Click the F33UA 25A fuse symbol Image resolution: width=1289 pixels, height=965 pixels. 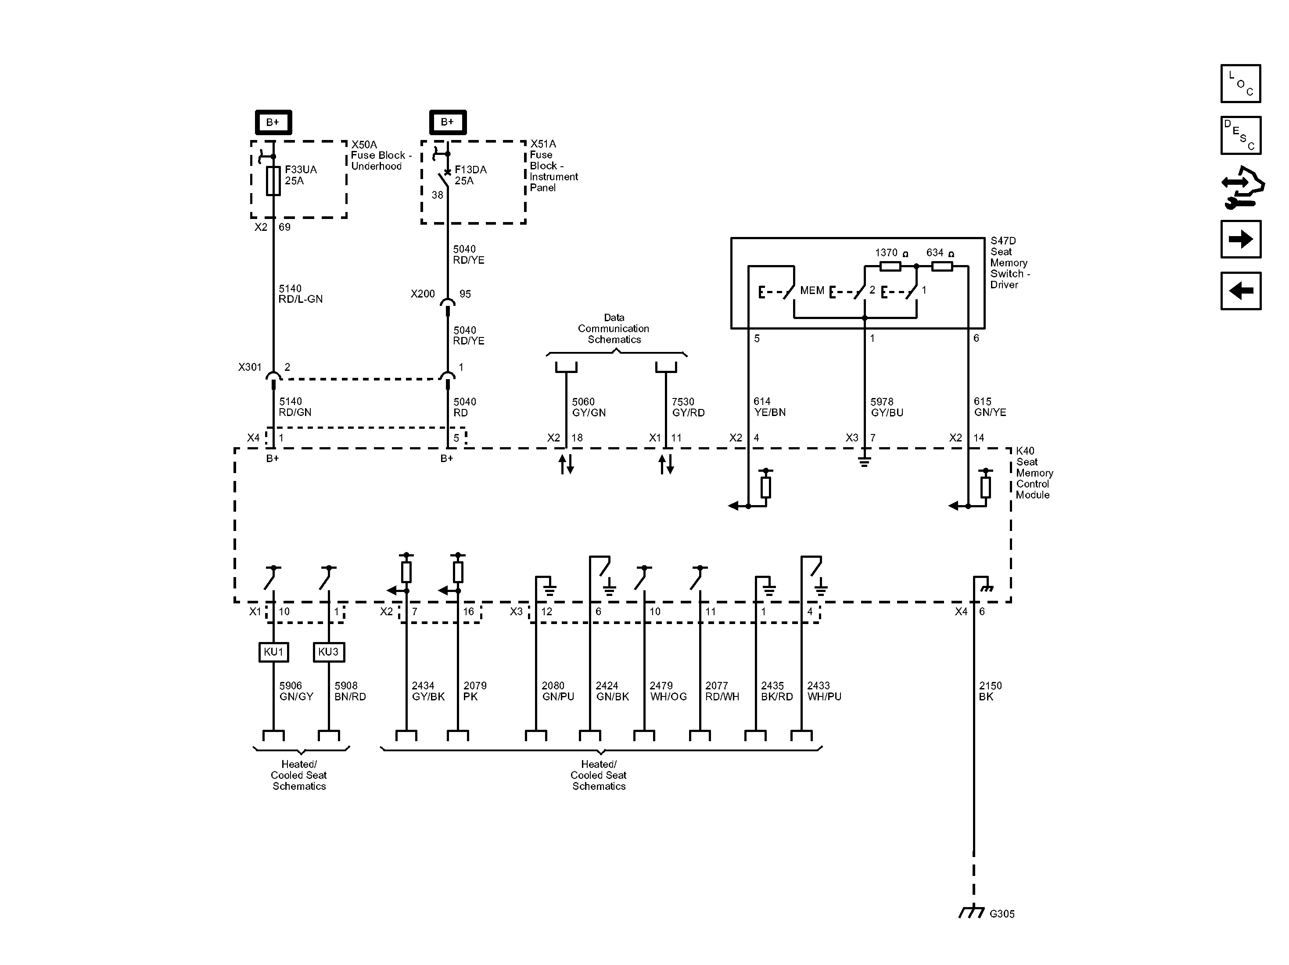273,181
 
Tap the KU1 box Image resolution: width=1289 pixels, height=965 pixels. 273,652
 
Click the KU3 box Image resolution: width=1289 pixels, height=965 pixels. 329,652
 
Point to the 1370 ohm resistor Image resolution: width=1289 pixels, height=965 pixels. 890,266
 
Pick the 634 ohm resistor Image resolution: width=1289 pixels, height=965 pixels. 942,266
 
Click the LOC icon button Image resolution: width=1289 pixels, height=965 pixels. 1241,83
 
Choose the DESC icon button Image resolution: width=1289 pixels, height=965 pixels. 1241,135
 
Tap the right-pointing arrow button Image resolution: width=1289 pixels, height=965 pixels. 1241,239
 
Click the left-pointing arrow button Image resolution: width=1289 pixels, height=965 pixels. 1241,291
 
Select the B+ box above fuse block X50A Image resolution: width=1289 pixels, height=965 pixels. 273,122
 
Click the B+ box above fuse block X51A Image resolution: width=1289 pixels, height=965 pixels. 448,122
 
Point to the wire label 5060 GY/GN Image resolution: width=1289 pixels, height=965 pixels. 589,407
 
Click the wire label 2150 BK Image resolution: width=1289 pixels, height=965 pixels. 990,691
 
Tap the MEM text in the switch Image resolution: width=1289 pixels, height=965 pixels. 812,290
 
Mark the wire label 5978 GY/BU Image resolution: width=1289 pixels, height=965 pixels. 887,407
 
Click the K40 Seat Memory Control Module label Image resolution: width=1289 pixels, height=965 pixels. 1034,473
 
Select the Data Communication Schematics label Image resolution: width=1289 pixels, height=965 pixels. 614,329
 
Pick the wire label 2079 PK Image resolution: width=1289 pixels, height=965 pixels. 475,691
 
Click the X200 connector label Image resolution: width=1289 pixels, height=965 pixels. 423,294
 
